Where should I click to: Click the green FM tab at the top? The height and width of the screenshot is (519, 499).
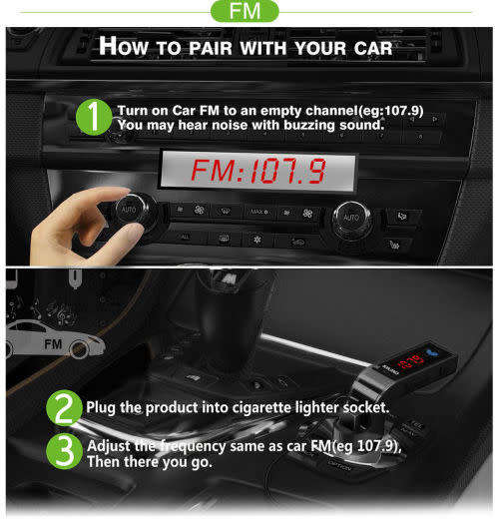(x=249, y=12)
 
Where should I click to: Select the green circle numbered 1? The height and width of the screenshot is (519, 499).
(x=92, y=117)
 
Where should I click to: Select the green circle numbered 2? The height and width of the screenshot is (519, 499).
(x=64, y=408)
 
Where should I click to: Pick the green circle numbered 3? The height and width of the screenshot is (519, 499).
(x=64, y=452)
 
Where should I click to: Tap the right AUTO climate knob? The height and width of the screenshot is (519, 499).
(x=350, y=217)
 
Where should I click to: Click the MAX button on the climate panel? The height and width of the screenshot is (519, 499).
(x=257, y=212)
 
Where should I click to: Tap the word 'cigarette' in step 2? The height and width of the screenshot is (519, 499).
(x=282, y=408)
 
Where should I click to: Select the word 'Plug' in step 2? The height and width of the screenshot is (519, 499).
(x=104, y=408)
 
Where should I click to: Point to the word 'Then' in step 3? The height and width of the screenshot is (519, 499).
(x=106, y=462)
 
